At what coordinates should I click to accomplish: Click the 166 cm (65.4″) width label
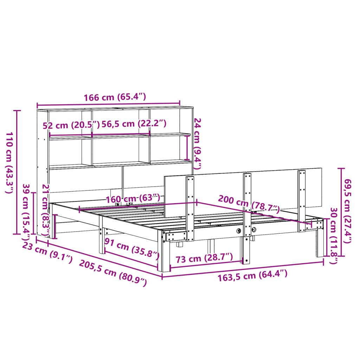(114, 97)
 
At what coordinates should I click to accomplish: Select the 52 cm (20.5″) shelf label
(71, 125)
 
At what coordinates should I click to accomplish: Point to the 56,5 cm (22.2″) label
(134, 124)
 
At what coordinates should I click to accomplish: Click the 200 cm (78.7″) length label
(249, 204)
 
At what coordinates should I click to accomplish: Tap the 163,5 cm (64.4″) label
(252, 275)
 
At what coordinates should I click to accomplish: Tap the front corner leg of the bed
(165, 253)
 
